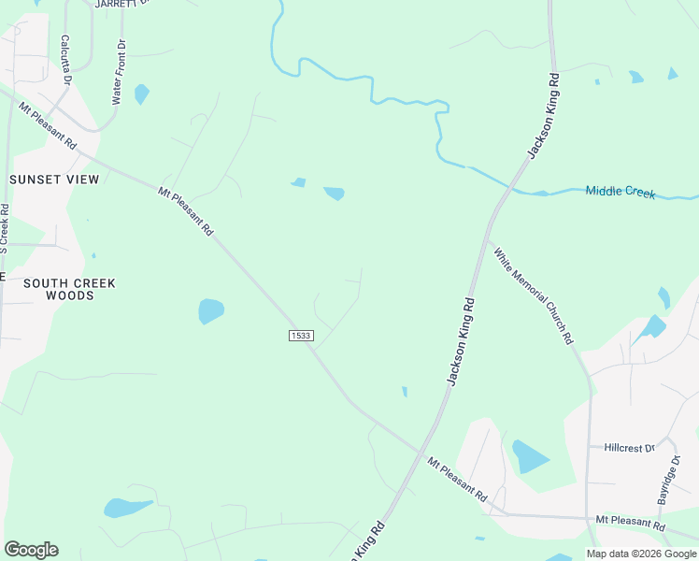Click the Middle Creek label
621,192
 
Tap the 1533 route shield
300,336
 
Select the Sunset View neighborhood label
53,179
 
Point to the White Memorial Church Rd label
533,295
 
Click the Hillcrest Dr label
629,448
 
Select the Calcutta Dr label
66,60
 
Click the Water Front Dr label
119,72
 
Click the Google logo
31,550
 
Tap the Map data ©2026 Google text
642,554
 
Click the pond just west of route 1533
211,310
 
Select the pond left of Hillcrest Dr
529,456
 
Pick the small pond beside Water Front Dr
141,93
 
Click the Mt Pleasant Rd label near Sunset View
47,123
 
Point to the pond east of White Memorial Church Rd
652,326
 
